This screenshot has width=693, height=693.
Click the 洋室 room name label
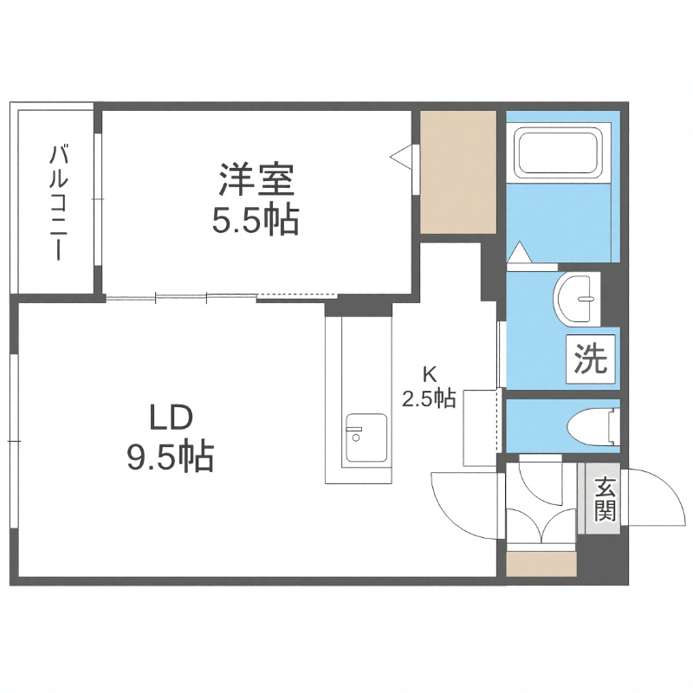tap(256, 180)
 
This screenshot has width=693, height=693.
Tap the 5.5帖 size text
tap(256, 222)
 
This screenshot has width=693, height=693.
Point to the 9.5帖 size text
tap(170, 457)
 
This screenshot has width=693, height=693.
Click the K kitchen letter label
tap(428, 374)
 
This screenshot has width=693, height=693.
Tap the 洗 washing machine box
tap(593, 358)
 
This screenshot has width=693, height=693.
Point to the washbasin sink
tap(576, 297)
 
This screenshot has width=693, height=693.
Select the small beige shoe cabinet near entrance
tap(541, 565)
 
